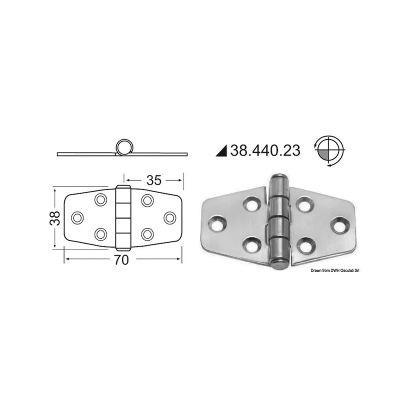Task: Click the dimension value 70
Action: (121, 260)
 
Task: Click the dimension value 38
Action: (55, 218)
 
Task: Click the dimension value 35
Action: (154, 180)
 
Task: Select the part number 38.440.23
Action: (265, 150)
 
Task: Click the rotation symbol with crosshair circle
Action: (329, 150)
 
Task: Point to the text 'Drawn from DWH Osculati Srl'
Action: (334, 270)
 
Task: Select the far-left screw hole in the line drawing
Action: (77, 218)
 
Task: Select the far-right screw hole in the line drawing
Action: (170, 218)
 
